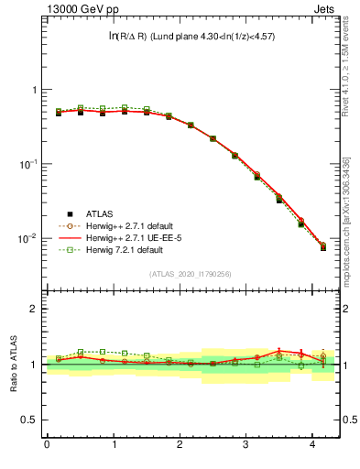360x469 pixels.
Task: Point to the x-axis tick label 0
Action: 47,444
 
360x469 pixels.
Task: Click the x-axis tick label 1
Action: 114,444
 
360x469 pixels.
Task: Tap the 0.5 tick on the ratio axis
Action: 29,420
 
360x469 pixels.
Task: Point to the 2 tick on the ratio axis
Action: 34,309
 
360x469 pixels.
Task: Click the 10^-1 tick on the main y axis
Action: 27,164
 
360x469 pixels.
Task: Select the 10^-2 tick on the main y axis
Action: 27,238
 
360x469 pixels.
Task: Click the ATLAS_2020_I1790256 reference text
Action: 190,274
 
